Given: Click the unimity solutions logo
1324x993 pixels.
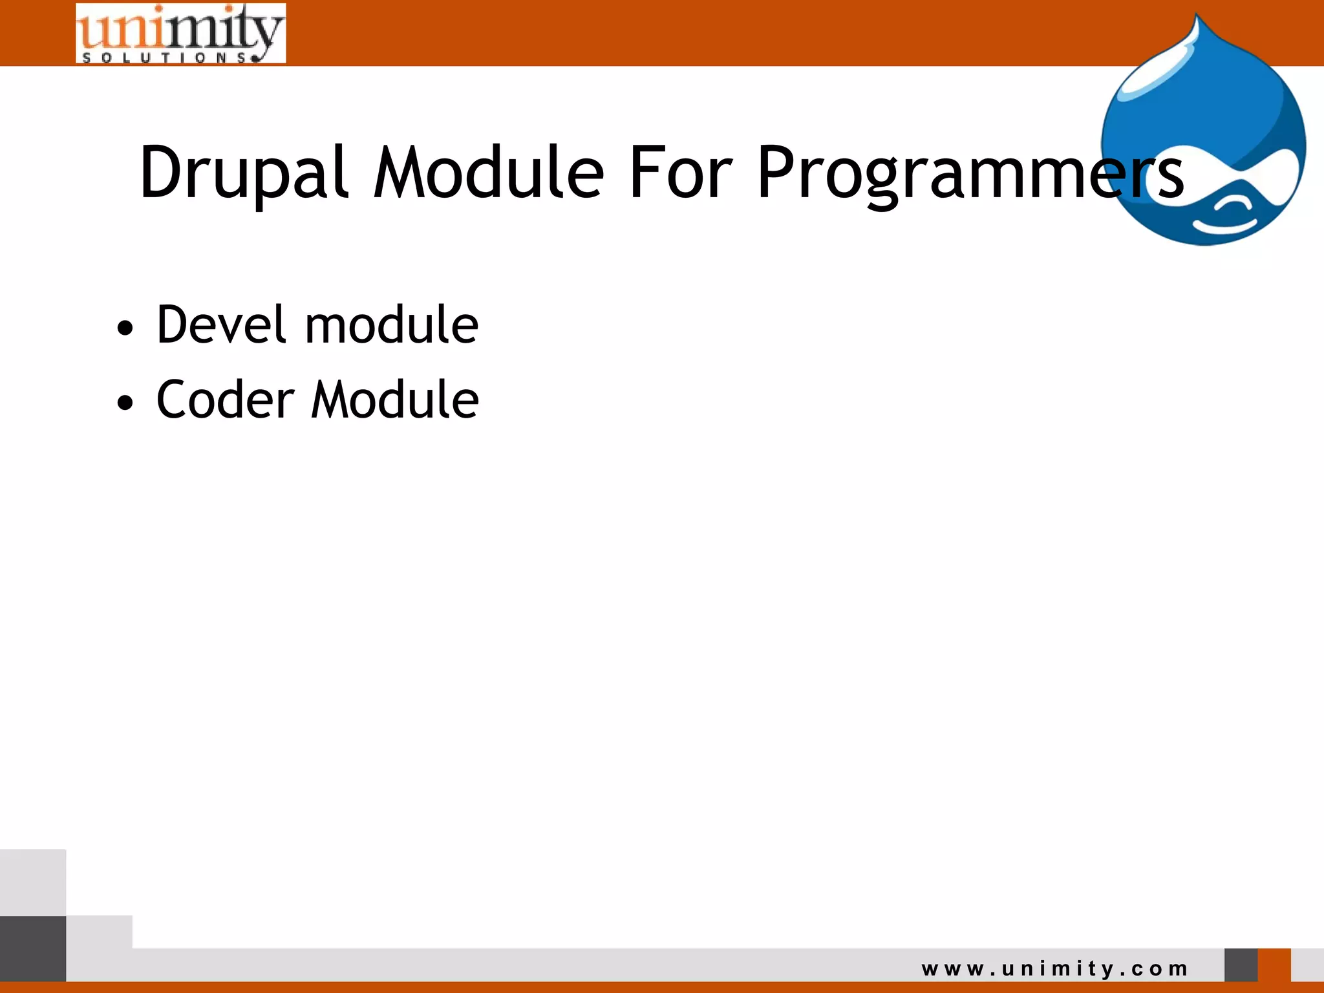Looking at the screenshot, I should click(x=180, y=32).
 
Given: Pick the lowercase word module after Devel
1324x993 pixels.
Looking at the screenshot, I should click(x=391, y=325).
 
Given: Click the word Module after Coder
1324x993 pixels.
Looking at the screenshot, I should click(x=395, y=400).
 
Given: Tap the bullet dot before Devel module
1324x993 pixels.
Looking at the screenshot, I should click(x=125, y=328).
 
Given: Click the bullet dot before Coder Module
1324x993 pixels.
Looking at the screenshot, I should click(x=125, y=403).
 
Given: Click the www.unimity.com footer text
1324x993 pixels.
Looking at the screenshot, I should click(x=1055, y=968).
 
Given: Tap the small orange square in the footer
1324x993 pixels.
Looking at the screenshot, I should click(x=1274, y=965).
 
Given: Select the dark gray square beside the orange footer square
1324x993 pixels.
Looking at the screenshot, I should click(x=1241, y=965).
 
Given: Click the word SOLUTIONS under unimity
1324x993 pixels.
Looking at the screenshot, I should click(x=165, y=58).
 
